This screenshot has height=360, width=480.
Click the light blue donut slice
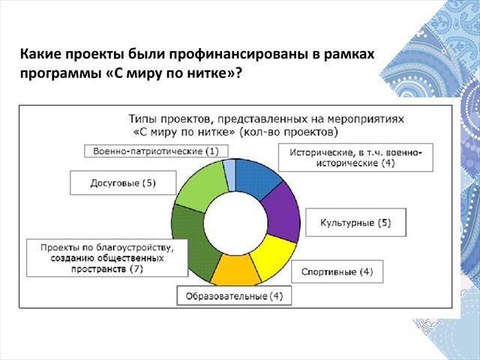pyautogui.click(x=230, y=175)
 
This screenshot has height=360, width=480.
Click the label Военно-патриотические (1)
pyautogui.click(x=156, y=151)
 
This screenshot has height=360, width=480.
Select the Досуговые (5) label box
pyautogui.click(x=123, y=183)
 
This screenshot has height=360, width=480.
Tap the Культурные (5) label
pyautogui.click(x=355, y=223)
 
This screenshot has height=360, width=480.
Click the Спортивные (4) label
pyautogui.click(x=337, y=271)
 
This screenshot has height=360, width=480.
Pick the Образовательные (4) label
pyautogui.click(x=234, y=296)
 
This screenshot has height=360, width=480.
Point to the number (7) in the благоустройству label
pyautogui.click(x=136, y=269)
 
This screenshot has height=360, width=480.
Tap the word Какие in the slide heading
pyautogui.click(x=40, y=54)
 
